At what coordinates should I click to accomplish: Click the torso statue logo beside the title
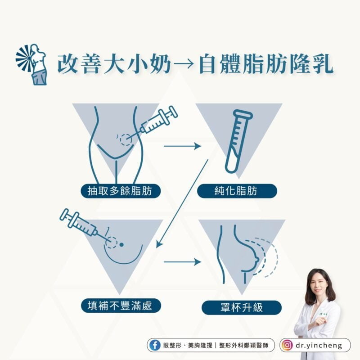point(31,64)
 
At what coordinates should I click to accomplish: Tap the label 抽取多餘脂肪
point(120,191)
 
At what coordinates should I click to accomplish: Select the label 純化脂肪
point(237,191)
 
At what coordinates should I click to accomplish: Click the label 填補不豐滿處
point(121,306)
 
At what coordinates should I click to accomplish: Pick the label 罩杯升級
point(241,307)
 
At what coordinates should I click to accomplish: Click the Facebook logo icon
point(155,345)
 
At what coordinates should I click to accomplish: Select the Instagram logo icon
point(287,345)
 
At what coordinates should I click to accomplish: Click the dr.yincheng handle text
point(319,345)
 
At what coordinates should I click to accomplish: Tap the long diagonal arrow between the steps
point(182,204)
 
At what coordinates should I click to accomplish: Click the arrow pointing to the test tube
point(183,146)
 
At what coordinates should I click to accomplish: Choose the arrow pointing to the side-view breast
point(183,262)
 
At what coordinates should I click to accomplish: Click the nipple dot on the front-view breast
point(121,245)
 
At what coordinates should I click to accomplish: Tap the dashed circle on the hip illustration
point(126,139)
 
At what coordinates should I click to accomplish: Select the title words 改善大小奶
point(114,63)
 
